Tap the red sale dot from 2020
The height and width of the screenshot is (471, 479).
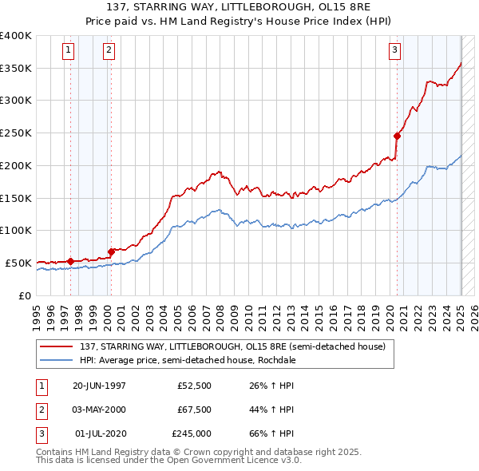397,135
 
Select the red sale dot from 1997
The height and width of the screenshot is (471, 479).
71,260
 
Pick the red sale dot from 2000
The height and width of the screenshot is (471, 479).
111,251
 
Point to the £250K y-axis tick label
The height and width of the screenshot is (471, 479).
16,133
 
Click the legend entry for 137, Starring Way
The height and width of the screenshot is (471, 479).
232,346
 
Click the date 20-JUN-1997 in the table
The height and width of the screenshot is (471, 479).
99,386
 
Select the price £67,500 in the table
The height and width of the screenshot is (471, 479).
194,410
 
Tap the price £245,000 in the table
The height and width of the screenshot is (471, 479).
192,433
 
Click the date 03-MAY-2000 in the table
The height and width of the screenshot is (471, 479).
99,410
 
